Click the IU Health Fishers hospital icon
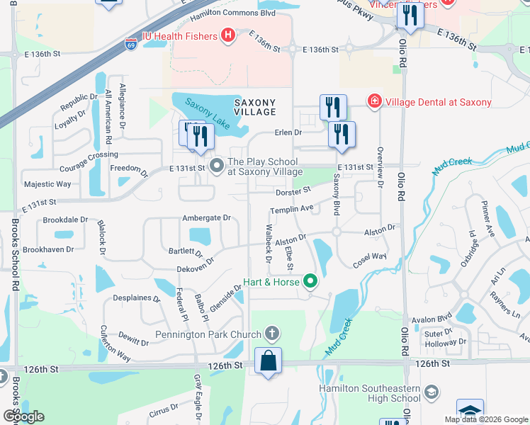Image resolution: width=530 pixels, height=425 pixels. point(228,35)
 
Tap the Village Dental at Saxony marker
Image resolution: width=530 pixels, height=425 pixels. point(373,102)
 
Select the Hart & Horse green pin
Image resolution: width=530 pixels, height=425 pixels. point(310,282)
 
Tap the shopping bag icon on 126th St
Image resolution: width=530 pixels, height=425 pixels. point(269,361)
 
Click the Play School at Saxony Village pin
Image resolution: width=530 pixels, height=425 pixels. point(218,166)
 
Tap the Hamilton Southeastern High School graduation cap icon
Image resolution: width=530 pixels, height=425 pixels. point(430,392)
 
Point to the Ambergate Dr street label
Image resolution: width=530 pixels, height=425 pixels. point(206,218)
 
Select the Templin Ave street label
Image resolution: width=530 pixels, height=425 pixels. point(291,210)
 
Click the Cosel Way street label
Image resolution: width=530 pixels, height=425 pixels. point(370,256)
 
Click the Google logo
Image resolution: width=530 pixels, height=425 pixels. point(23,416)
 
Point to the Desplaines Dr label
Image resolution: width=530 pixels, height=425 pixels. point(137,298)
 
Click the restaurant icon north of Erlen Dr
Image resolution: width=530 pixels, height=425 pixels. point(333,108)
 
